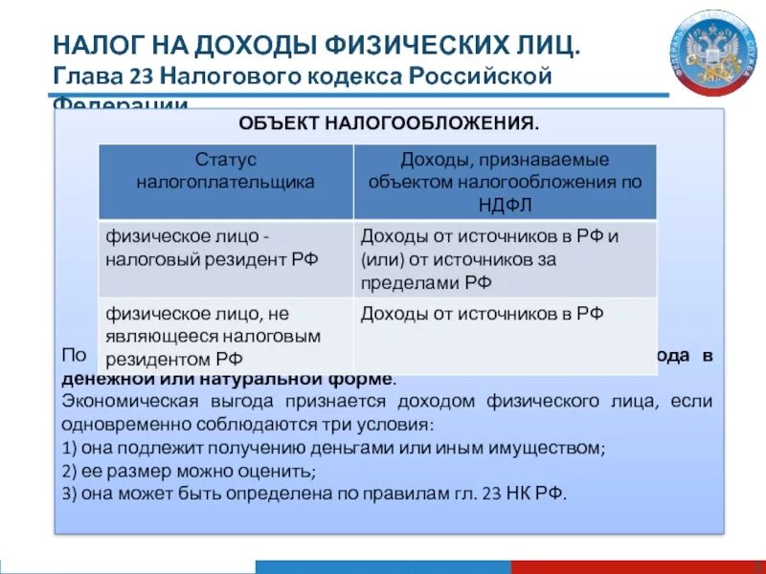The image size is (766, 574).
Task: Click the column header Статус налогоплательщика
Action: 226,170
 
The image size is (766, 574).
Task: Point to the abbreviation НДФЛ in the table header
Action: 507,204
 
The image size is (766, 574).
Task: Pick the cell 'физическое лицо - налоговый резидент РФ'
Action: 213,246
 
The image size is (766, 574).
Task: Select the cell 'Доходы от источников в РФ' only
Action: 482,314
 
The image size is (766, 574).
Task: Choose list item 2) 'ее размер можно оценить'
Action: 188,471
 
